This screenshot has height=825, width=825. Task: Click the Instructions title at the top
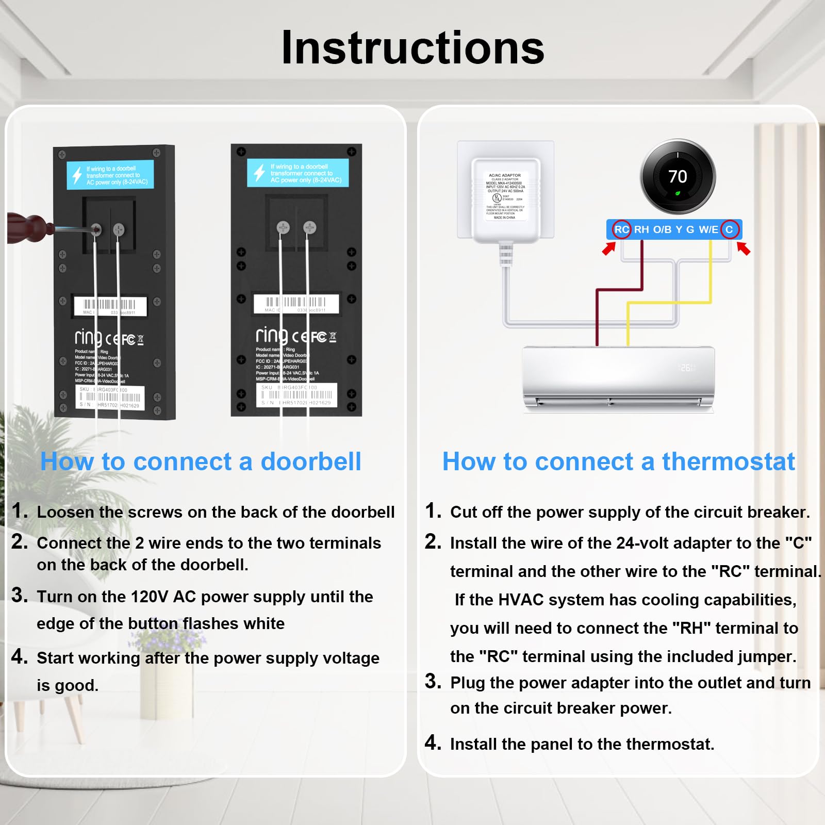click(412, 47)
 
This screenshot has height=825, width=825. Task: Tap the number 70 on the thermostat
click(678, 177)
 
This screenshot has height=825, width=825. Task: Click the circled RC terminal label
click(621, 229)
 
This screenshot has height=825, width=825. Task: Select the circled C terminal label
click(729, 229)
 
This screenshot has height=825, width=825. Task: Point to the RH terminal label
click(641, 229)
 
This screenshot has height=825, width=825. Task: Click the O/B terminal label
click(662, 229)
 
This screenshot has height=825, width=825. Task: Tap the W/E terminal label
click(708, 229)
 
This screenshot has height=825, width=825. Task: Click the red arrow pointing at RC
click(609, 249)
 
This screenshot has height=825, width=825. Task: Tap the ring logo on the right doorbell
click(272, 336)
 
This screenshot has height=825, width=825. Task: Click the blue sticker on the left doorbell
click(110, 175)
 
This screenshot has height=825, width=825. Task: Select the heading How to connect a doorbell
click(201, 461)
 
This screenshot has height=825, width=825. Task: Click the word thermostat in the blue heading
click(728, 461)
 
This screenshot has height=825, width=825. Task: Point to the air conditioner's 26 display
click(686, 368)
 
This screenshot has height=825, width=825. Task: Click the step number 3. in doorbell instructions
click(20, 595)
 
